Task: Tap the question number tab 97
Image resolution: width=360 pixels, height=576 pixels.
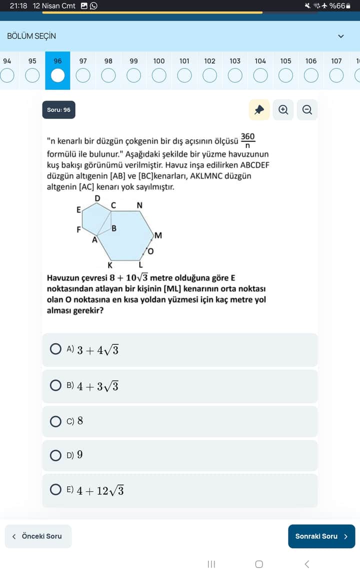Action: point(83,70)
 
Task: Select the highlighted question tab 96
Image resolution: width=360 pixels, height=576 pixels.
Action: point(58,70)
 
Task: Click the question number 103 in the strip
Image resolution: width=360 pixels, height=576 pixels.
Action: point(235,70)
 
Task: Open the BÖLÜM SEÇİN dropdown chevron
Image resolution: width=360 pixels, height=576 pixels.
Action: point(341,36)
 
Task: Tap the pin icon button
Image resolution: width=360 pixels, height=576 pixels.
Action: point(259,110)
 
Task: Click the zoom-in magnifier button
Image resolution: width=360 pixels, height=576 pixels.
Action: point(283,110)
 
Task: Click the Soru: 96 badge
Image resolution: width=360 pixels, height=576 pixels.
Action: point(59,110)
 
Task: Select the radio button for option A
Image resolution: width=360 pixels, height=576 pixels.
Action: point(56,349)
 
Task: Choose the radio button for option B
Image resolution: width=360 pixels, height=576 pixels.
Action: point(56,385)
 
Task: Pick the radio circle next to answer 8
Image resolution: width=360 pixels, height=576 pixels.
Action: point(56,421)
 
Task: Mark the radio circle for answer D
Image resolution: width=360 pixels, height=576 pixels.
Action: point(56,455)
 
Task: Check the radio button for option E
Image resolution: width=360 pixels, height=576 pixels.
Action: point(56,490)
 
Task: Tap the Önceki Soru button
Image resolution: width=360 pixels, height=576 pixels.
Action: point(38,536)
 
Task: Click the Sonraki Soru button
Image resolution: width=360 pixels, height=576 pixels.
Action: point(321,536)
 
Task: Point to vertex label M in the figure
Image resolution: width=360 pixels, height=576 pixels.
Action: point(158,235)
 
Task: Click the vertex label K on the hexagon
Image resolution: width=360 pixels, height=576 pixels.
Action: point(110,265)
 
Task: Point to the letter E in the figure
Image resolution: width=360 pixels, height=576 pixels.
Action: point(78,210)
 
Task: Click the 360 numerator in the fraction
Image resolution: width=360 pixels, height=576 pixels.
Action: point(247,136)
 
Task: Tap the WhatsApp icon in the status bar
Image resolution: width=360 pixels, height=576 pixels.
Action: point(93,6)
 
